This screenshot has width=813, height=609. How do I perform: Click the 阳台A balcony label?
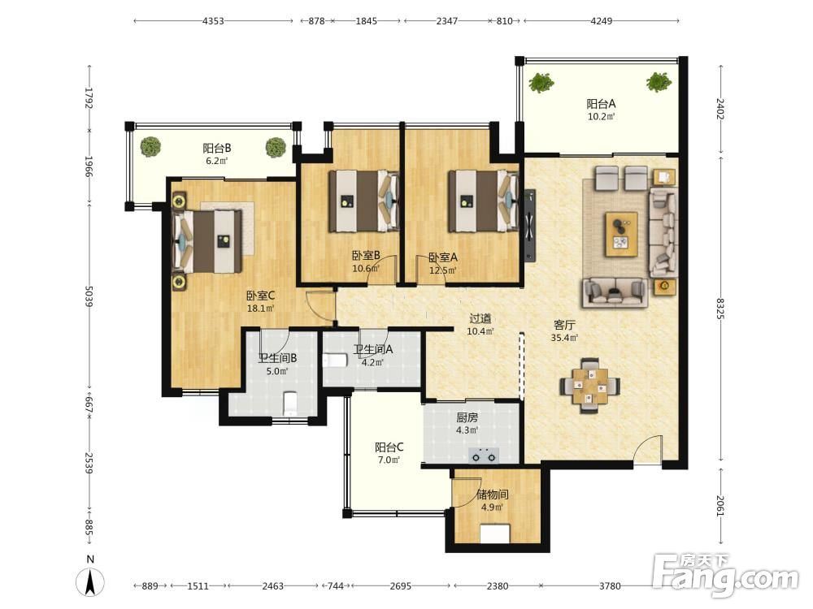click(601, 104)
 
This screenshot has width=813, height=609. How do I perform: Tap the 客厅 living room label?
click(564, 326)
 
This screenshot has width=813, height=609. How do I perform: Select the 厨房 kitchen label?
click(467, 417)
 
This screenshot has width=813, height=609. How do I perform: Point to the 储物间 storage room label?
click(492, 495)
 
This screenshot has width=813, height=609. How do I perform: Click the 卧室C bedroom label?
click(260, 296)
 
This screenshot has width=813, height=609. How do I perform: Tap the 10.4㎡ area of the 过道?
click(480, 331)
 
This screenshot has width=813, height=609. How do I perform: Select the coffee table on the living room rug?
click(621, 234)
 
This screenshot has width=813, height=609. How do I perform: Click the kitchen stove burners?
click(484, 456)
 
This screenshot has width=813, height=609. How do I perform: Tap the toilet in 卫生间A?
click(335, 360)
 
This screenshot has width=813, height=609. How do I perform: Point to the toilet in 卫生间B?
click(290, 404)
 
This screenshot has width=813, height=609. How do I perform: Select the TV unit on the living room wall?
click(529, 226)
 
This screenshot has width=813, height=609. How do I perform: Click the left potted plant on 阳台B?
click(150, 146)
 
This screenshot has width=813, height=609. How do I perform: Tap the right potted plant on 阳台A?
click(659, 82)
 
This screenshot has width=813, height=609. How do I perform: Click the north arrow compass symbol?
click(90, 581)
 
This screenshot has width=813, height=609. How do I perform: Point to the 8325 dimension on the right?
click(720, 308)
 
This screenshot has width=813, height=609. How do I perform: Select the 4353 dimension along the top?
click(213, 21)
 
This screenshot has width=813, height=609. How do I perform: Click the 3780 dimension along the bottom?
click(611, 585)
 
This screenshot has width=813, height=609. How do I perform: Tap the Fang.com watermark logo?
click(725, 575)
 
